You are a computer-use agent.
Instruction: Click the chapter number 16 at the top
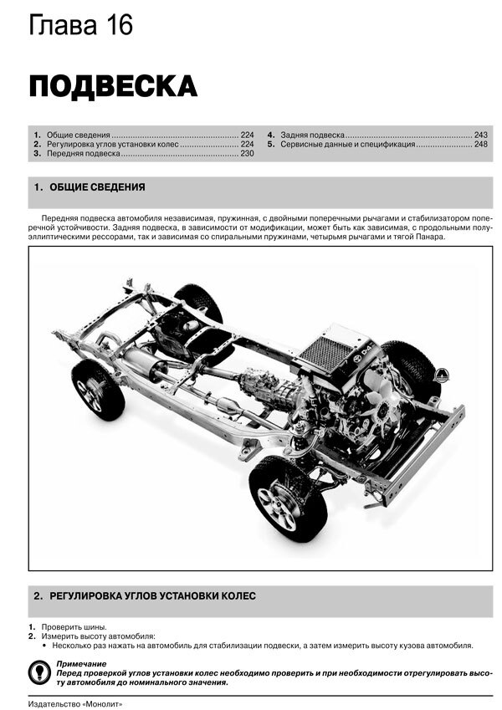click(x=114, y=25)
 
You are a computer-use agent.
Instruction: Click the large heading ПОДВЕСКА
click(x=113, y=86)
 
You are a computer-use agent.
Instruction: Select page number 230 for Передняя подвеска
click(x=247, y=155)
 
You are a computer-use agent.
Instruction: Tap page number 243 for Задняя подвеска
click(x=480, y=135)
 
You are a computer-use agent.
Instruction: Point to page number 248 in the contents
click(x=480, y=145)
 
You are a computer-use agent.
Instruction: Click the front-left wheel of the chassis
click(x=289, y=498)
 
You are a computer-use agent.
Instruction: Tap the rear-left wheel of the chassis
click(x=98, y=390)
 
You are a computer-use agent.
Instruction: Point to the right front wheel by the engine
click(x=411, y=368)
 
